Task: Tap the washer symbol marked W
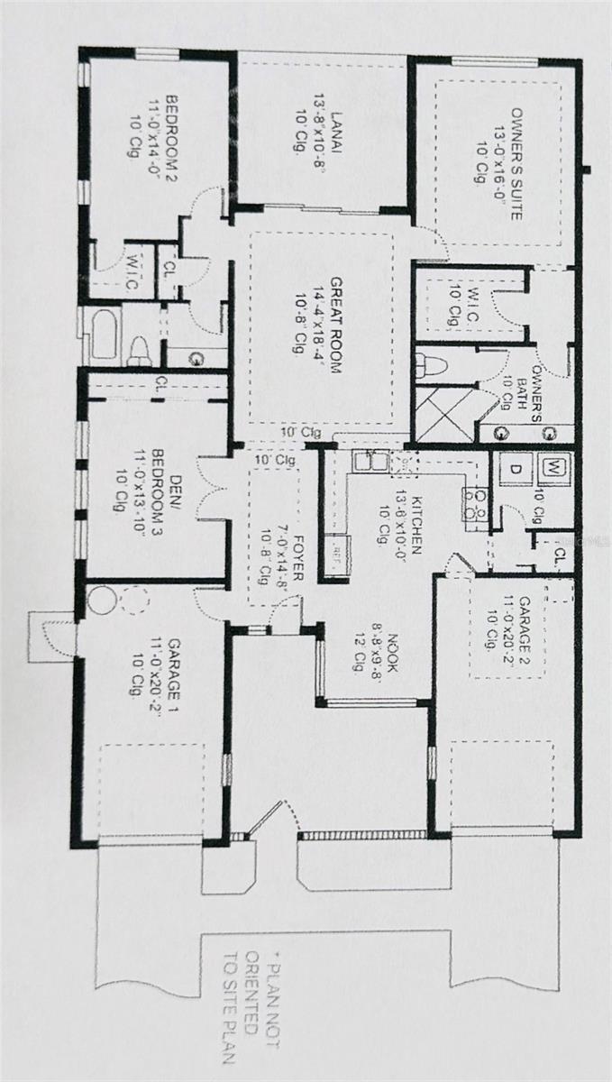pyautogui.click(x=552, y=469)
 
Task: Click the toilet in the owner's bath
pyautogui.click(x=431, y=366)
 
